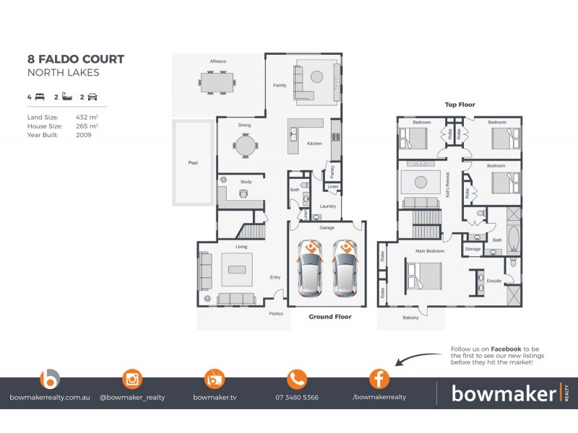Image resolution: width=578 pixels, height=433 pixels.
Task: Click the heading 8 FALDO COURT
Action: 76,59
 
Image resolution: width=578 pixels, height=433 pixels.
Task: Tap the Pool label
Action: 192,163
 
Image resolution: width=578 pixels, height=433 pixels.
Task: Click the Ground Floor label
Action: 329,316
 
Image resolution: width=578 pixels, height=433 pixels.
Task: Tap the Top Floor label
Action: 460,105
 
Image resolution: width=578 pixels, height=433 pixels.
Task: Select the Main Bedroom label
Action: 429,251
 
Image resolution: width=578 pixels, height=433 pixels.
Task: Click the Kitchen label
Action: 314,144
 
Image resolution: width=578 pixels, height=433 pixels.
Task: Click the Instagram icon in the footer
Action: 131,379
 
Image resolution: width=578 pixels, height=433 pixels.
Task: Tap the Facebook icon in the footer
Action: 379,379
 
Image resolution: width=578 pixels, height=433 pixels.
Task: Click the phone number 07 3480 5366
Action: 297,397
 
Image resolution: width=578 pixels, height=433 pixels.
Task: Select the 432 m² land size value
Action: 87,117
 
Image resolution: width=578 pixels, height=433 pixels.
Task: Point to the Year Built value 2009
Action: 83,134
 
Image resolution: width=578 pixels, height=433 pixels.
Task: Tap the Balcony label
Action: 410,318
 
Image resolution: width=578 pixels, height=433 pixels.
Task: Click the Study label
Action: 246,182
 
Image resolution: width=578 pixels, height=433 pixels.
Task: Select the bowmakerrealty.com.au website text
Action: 49,397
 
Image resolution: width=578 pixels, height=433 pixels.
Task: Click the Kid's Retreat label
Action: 448,185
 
